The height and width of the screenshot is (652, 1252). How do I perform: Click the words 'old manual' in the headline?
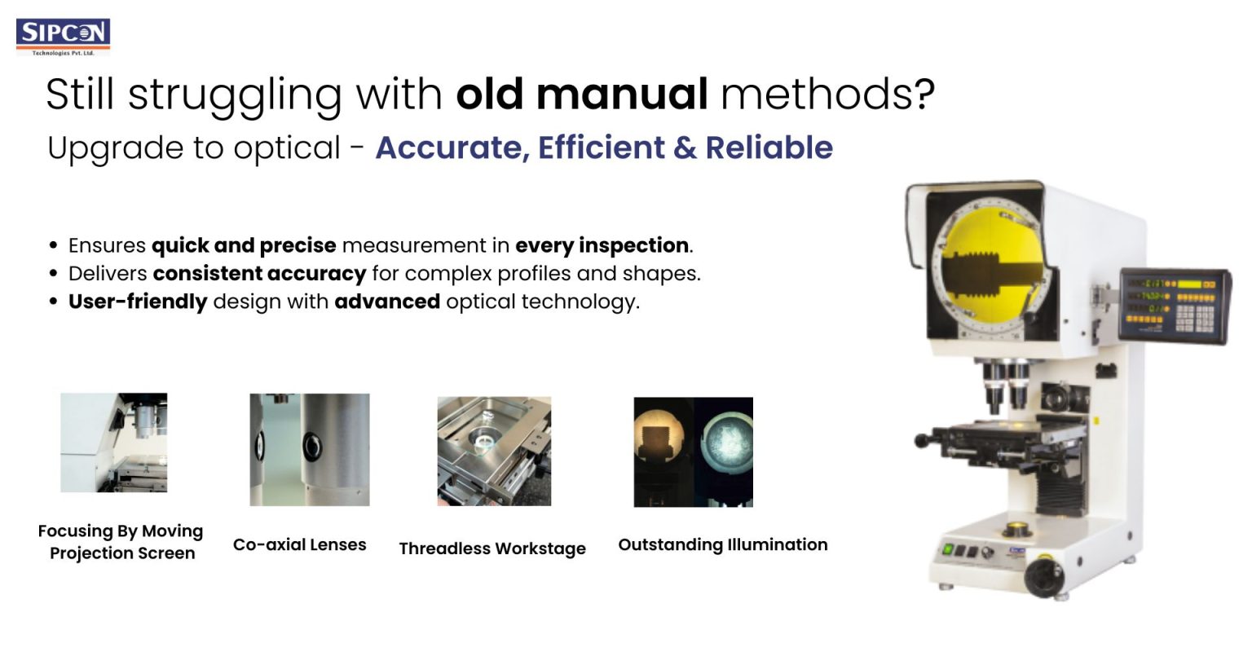(x=581, y=95)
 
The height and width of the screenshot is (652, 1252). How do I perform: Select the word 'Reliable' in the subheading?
(x=769, y=148)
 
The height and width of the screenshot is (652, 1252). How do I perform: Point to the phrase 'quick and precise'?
(x=244, y=245)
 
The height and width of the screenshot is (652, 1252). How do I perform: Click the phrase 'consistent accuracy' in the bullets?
(x=259, y=273)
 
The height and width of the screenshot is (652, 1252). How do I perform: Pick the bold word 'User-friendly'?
(x=138, y=302)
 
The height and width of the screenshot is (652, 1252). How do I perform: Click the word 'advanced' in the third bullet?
(x=387, y=302)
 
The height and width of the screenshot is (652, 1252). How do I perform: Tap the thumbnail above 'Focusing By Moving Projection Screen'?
(x=114, y=443)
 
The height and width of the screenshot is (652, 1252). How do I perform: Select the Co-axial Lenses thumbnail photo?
(x=310, y=449)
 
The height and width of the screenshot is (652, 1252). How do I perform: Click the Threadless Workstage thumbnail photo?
(x=494, y=451)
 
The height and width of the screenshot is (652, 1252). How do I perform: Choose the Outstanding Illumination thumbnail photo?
(x=694, y=452)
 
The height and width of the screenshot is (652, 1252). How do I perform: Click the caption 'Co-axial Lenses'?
(x=300, y=544)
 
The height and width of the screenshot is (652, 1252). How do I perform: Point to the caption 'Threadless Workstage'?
(x=492, y=548)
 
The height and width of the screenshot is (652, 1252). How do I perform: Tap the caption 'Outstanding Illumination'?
(x=723, y=544)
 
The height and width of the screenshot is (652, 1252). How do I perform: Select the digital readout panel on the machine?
(x=1174, y=305)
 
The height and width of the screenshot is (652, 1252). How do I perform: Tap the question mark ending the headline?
(x=924, y=95)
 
